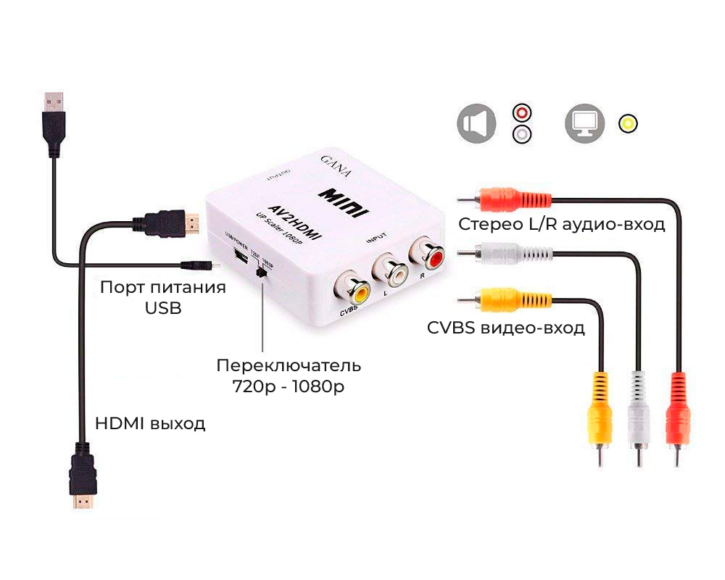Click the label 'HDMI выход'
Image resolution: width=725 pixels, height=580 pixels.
point(150,423)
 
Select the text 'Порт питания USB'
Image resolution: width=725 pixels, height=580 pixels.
point(163,297)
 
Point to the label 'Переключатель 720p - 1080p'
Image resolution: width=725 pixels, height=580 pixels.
point(289,376)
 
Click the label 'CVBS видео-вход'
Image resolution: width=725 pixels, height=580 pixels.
point(506,328)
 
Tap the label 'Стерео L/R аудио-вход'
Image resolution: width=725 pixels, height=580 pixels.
point(562,224)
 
